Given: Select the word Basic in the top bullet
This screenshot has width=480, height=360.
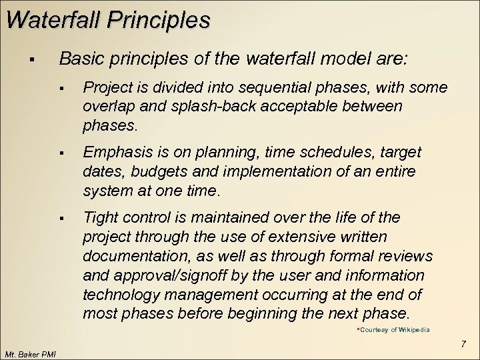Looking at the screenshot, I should [78, 58].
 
